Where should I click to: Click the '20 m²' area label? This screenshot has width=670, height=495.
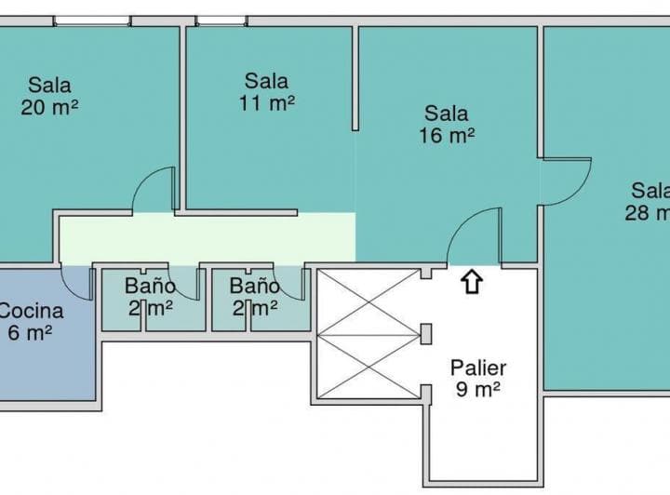coord(48,106)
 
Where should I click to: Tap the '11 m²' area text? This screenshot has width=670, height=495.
coord(266,102)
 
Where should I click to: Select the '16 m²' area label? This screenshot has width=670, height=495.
coord(447,135)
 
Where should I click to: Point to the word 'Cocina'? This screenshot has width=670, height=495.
coord(32,311)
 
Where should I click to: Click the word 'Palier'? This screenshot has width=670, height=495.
coord(478,367)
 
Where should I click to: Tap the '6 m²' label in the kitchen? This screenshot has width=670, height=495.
coord(30,332)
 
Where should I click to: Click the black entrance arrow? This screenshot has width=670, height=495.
coord(472,281)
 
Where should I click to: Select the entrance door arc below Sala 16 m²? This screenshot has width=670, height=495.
coord(475,237)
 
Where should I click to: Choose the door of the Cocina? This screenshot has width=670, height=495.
coord(78,283)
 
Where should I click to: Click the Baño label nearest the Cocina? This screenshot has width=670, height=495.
coord(150,286)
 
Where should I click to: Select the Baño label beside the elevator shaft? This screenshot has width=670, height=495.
coord(254,286)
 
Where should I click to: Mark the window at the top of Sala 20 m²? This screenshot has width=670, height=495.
coord(90,20)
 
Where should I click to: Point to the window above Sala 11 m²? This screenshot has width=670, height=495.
coord(221,20)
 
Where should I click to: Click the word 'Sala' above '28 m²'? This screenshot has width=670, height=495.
coord(650,191)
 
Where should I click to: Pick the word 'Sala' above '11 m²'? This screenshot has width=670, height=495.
coord(266,81)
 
